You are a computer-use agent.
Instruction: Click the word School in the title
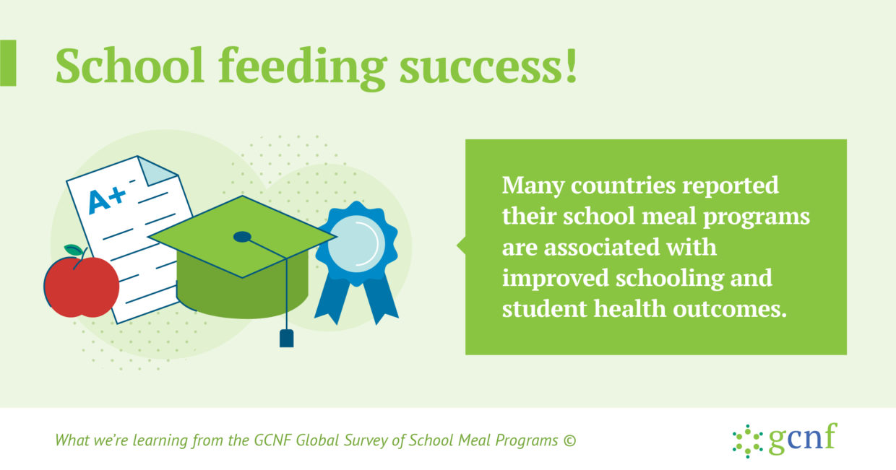pos(130,66)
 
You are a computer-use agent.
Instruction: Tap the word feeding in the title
pos(303,68)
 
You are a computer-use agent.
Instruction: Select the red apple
pos(81,286)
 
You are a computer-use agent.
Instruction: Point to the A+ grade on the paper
pos(107,200)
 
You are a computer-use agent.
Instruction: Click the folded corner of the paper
pos(156,170)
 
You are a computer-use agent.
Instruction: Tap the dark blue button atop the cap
pos(242,237)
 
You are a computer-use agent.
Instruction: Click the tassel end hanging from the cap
pos(286,338)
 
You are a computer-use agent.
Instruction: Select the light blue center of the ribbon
pos(356,244)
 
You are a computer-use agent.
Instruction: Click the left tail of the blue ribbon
pos(332,299)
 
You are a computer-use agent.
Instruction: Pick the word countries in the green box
pos(623,186)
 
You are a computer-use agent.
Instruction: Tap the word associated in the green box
pos(601,248)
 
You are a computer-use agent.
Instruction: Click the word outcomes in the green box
pos(730,310)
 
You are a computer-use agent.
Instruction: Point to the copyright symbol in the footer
pos(569,440)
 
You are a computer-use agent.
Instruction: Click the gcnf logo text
pos(803,438)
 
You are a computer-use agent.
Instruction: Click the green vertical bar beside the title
pos(8,63)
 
